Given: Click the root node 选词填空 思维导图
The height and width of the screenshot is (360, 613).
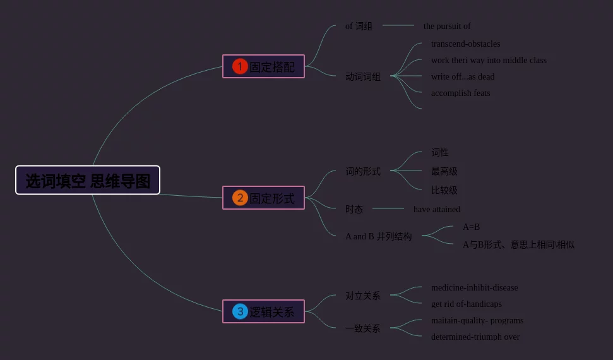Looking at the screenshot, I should click(88, 181).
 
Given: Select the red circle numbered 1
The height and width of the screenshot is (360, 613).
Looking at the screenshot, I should click(240, 66).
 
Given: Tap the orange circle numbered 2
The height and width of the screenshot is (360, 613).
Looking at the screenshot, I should click(240, 198).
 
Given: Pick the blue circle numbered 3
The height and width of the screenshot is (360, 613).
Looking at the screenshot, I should click(240, 311).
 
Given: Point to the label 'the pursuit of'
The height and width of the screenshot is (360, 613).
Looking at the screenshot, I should click(447, 27).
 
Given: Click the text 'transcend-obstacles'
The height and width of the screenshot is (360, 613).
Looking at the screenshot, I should click(465, 44).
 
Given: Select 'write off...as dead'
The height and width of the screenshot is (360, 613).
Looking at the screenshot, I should click(463, 77).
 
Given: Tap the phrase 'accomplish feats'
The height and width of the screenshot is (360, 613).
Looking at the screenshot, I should click(460, 93).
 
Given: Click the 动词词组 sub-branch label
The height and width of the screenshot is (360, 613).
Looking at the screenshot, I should click(363, 77).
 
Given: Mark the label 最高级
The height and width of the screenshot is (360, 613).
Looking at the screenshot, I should click(444, 171).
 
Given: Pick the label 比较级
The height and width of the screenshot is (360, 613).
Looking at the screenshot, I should click(444, 190).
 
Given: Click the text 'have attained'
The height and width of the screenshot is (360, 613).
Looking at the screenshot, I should click(437, 210).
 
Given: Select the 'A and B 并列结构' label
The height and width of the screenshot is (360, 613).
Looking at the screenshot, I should click(378, 237).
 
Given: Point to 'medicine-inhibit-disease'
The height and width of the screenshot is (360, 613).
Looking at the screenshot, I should click(474, 288).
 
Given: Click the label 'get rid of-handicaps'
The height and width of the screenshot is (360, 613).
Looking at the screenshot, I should click(466, 304).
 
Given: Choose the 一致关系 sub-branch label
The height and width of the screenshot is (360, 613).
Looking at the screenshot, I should click(363, 328).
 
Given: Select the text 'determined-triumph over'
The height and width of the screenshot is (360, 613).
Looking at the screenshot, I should click(475, 337).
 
